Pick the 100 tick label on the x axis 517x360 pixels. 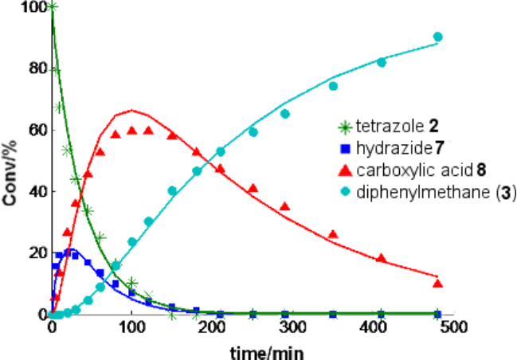click(x=132, y=328)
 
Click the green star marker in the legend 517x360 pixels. click(x=344, y=126)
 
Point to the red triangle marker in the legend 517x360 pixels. click(x=344, y=169)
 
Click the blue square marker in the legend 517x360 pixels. click(x=344, y=147)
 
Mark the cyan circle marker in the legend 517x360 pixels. click(x=344, y=191)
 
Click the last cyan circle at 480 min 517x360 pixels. click(x=437, y=37)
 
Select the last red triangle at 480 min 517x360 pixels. click(x=437, y=283)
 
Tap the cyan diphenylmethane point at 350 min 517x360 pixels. click(x=333, y=86)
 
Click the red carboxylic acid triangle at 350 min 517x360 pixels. click(x=333, y=234)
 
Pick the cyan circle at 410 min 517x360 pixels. click(x=382, y=62)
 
